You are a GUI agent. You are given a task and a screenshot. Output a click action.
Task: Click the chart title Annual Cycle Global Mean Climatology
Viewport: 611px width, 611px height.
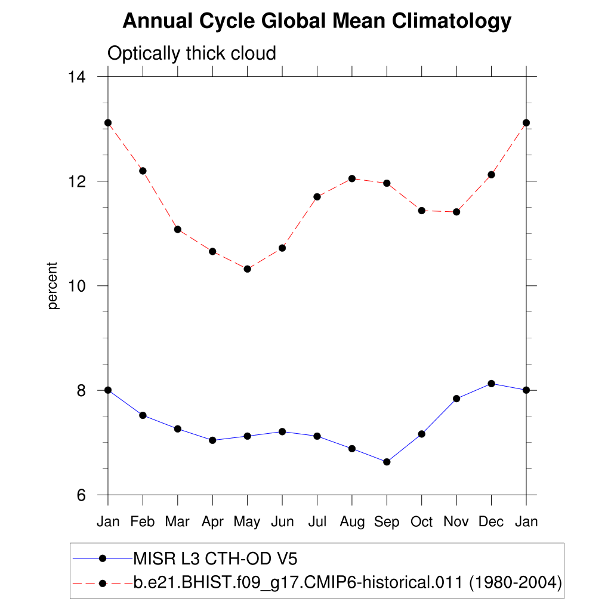[x=317, y=21]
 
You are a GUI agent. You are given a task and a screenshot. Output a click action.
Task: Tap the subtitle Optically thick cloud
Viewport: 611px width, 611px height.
[x=192, y=54]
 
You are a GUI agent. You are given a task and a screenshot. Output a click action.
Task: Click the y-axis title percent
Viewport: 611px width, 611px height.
[x=54, y=286]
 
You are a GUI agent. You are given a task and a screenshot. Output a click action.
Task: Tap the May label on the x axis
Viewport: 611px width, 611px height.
[x=247, y=522]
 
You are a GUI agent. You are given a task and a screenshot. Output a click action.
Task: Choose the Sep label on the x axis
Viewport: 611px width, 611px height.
[x=387, y=522]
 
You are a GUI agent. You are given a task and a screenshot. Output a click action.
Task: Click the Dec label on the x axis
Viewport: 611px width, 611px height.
[x=491, y=522]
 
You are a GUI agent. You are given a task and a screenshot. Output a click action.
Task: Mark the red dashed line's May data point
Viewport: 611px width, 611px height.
[x=247, y=269]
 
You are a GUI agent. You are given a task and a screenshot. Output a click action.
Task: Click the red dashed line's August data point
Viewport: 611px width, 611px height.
[x=352, y=178]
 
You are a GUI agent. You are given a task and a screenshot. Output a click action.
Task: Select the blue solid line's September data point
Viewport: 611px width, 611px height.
[x=387, y=462]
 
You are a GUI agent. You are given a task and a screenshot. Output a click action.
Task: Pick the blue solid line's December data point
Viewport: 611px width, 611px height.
[x=491, y=383]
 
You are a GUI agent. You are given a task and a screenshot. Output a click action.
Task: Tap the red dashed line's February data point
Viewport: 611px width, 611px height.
[x=143, y=171]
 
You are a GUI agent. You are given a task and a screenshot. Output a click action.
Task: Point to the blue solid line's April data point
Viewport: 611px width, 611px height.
[x=212, y=440]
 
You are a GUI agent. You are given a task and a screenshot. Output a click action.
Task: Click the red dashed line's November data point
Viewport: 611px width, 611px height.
[x=456, y=212]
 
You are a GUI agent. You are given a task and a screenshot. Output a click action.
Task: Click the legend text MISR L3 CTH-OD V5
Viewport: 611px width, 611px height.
[x=215, y=558]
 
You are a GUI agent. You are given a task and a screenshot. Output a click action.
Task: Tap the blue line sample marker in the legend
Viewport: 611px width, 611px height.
[x=102, y=558]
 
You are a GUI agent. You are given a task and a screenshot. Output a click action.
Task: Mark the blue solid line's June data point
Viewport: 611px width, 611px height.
[x=282, y=431]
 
